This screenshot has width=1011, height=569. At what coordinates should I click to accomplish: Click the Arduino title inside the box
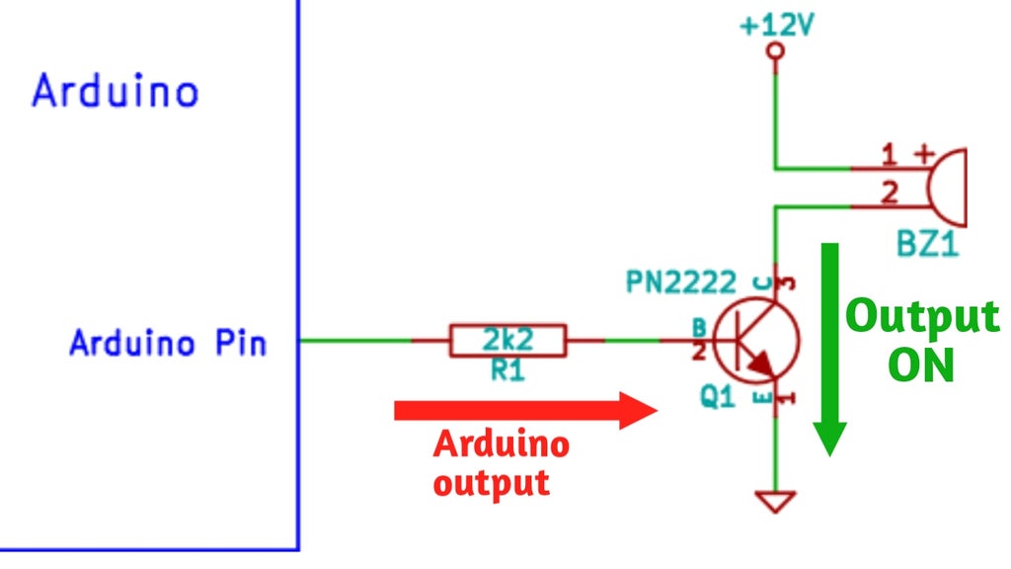point(116,91)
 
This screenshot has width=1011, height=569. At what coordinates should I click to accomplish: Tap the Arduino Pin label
point(168,343)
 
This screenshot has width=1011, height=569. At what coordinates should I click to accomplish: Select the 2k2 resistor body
point(507,341)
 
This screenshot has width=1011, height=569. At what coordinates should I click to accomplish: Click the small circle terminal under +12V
point(776,51)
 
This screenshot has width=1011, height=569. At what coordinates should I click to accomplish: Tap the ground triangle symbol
point(776,502)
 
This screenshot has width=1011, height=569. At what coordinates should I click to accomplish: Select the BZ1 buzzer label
point(927,244)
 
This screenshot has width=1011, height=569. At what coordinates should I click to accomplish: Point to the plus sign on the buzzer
point(924,153)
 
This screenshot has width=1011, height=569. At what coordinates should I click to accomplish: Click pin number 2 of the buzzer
point(889,193)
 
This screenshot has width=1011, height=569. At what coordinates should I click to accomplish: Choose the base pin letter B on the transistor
point(698,325)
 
